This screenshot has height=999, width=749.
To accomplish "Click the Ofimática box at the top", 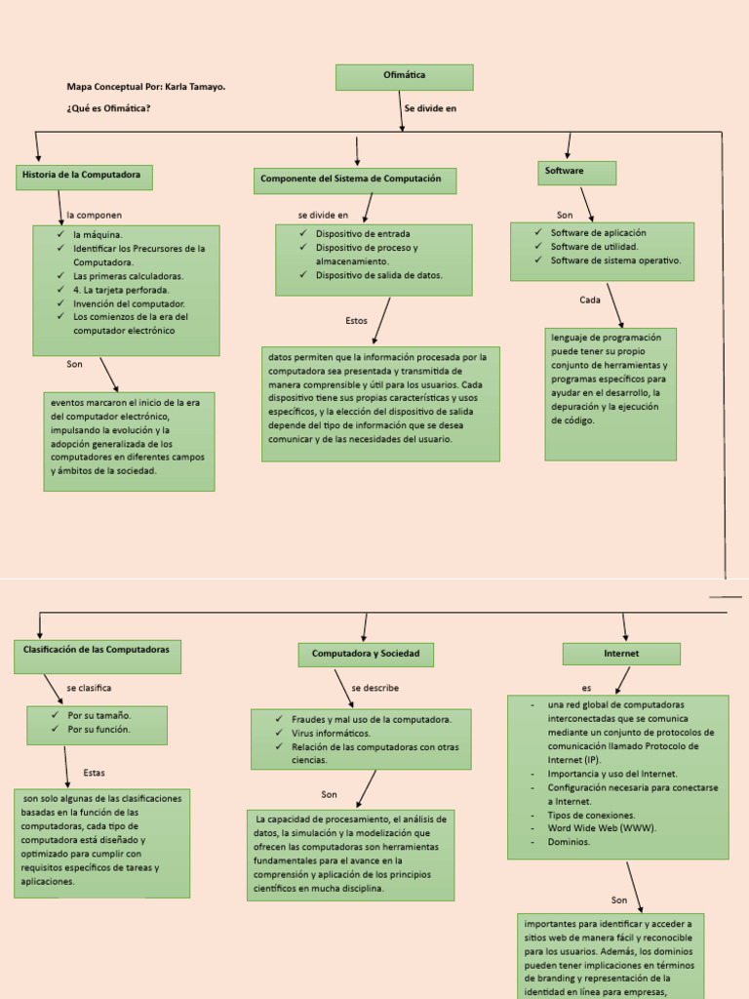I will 404,76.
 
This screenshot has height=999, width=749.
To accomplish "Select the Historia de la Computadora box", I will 84,177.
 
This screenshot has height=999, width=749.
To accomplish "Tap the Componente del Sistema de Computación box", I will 354,180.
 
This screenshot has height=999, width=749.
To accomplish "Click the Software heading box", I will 576,172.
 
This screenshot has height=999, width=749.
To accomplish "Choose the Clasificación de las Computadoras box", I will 97,657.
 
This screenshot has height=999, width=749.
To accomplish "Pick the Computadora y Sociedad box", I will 366,654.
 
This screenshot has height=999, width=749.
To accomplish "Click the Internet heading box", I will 621,654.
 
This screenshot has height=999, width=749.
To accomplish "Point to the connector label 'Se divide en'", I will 430,108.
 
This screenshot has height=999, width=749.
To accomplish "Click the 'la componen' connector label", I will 95,215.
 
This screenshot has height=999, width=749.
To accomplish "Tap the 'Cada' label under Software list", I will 590,300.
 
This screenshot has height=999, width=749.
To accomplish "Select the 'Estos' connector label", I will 356,320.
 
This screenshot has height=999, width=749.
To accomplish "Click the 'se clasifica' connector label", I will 89,688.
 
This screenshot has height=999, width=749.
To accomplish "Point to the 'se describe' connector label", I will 374,688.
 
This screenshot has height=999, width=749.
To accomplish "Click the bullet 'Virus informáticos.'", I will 331,733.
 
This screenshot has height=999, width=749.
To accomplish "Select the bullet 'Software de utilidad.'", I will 596,247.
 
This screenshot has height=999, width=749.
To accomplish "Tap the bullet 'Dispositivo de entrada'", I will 362,234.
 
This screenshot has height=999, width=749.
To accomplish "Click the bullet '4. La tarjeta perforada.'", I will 121,290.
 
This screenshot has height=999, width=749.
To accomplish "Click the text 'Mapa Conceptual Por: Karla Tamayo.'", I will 146,87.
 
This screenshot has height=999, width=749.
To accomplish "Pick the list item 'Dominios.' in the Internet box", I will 569,842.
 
